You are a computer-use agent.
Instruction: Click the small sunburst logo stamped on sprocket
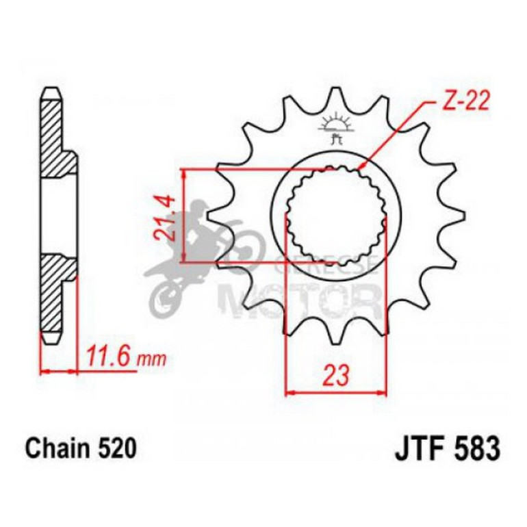click(335, 127)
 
